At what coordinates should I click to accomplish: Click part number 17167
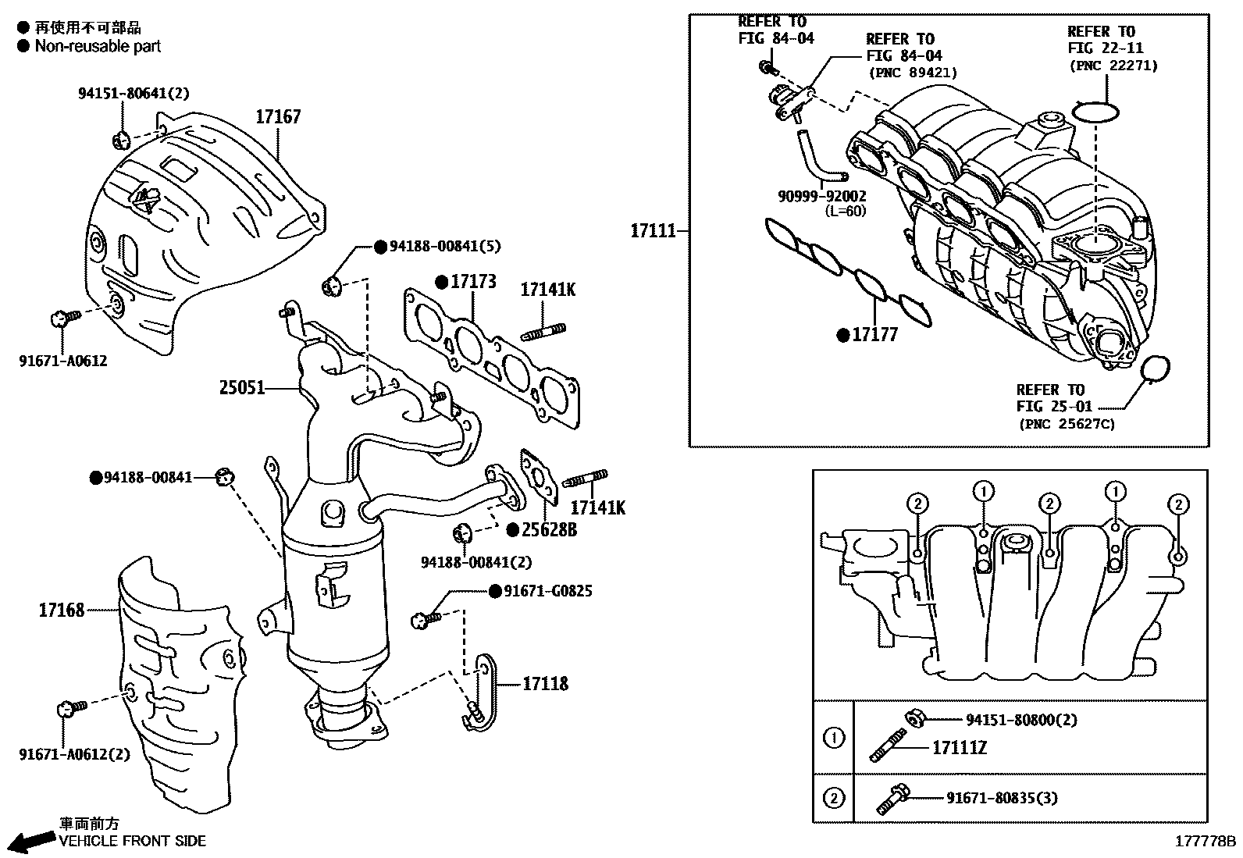pos(278,117)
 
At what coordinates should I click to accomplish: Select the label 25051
pos(242,387)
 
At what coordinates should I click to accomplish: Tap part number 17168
pos(62,611)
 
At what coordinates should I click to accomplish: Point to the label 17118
pos(546,684)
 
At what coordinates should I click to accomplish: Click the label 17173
pos(473,282)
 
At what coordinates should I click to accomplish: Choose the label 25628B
pos(550,530)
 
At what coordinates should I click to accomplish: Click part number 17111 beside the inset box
pos(654,230)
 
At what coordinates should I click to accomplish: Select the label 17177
pos(874,335)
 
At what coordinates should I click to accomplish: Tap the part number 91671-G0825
pos(547,591)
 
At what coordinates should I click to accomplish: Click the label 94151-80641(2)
pos(134,93)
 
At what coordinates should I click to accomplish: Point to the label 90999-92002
pos(822,196)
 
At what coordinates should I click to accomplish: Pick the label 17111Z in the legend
pos(960,748)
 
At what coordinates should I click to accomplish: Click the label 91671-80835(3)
pos(1003,798)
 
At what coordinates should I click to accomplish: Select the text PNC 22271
pos(1113,66)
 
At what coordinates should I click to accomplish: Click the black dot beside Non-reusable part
pos(23,46)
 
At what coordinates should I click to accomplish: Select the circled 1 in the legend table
pos(833,738)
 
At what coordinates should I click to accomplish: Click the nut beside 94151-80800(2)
pos(913,718)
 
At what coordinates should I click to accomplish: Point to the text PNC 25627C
pos(1067,424)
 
